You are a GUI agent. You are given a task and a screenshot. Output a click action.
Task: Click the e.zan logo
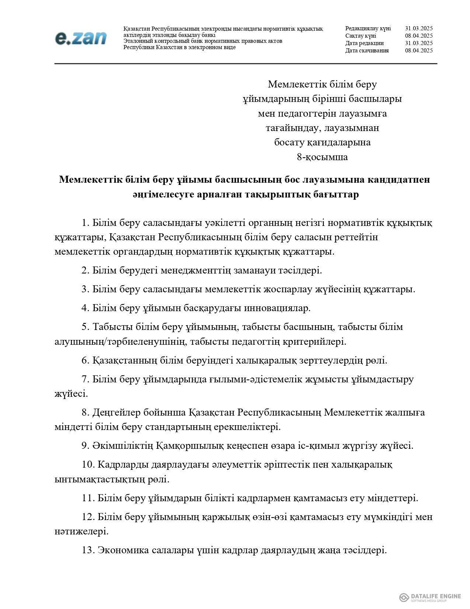click(81, 38)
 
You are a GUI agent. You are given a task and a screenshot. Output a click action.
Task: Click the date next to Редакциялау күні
click(418, 28)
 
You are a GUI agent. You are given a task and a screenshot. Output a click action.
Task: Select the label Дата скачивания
click(367, 51)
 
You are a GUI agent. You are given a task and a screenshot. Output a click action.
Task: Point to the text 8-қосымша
click(322, 157)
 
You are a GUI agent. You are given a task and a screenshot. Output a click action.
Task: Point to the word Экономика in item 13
click(120, 550)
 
